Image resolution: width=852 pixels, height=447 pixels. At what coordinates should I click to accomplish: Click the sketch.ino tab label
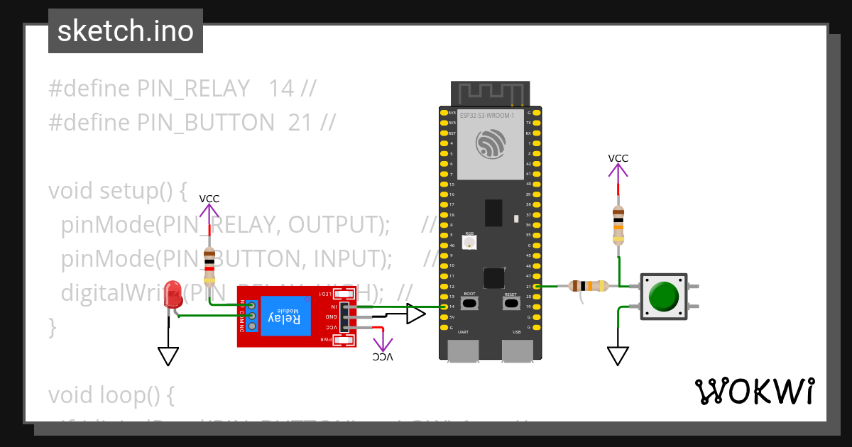coord(126,31)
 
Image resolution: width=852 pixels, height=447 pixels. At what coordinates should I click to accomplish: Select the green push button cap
coord(664,296)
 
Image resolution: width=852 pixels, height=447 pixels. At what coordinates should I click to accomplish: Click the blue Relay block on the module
coord(285,316)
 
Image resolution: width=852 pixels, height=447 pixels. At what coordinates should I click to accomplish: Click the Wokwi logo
coord(754,391)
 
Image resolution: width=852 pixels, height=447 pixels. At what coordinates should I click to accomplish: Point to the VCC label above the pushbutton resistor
coord(618,158)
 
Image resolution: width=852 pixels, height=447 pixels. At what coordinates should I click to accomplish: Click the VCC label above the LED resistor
coord(209,199)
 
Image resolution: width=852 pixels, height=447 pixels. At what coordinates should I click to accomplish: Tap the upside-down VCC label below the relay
coord(383,357)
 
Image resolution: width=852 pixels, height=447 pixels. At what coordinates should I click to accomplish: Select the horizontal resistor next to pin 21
coord(589,286)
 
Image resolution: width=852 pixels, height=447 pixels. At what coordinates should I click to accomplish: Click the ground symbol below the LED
coord(168,355)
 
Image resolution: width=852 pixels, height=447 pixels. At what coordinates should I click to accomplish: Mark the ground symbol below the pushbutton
coord(618,355)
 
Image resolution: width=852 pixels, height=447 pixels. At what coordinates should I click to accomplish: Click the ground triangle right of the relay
coord(415,314)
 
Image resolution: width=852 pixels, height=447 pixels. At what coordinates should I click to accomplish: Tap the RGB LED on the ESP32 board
coord(469,242)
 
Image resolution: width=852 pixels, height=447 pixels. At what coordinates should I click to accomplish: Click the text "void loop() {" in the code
coord(111,394)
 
